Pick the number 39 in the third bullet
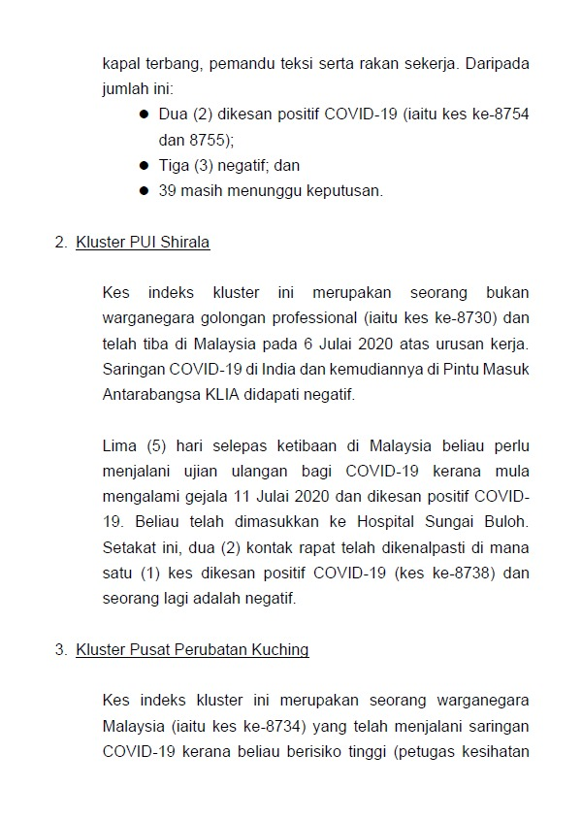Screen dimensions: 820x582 pyautogui.click(x=167, y=191)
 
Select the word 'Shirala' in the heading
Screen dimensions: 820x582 pyautogui.click(x=184, y=243)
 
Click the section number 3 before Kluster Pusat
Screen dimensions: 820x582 pyautogui.click(x=60, y=649)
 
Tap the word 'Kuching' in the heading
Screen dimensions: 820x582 pyautogui.click(x=281, y=649)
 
